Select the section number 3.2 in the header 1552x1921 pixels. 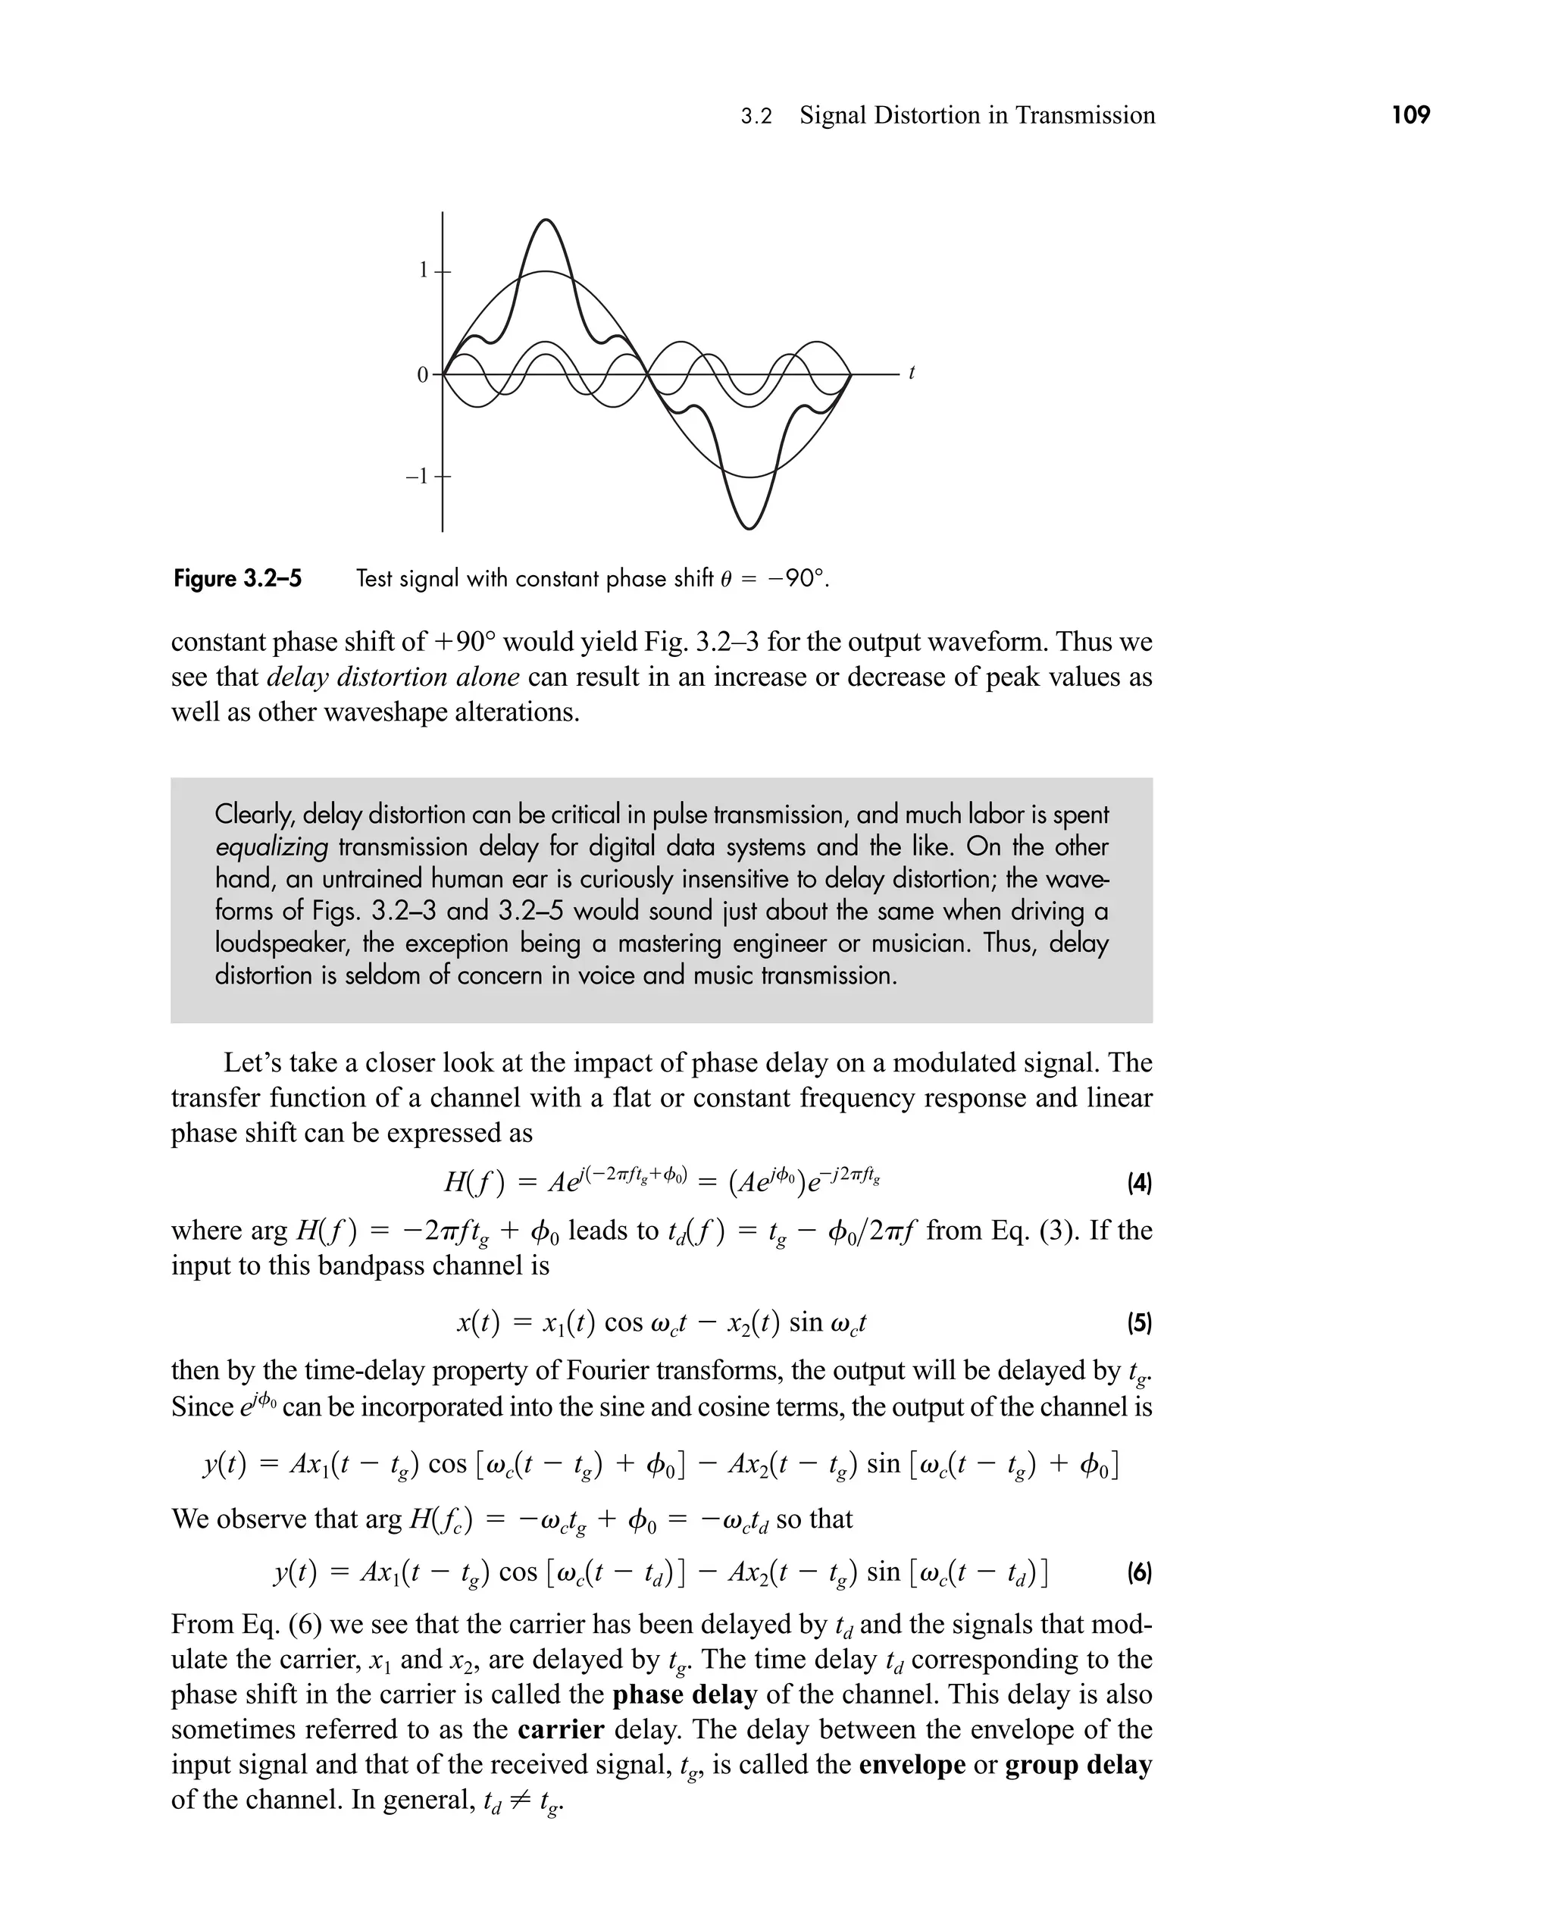point(756,116)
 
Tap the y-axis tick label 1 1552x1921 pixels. point(424,270)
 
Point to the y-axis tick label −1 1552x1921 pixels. point(418,477)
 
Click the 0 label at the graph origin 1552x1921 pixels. point(423,375)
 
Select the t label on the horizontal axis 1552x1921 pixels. point(911,373)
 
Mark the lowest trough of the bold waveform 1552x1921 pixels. point(749,527)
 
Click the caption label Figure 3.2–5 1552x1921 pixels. point(238,579)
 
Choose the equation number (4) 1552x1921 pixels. point(1139,1184)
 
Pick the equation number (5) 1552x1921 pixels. point(1139,1323)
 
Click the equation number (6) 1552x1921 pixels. point(1139,1572)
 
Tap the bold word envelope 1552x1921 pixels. point(912,1766)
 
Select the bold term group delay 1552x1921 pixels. point(1078,1766)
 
